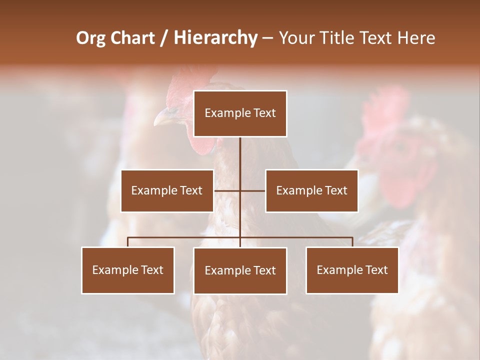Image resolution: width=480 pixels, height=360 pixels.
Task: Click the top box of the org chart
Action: point(240,113)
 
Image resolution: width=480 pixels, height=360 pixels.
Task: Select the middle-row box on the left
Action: point(167,190)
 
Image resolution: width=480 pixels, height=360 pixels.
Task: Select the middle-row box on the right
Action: point(311,190)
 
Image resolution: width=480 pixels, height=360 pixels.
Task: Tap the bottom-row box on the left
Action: point(128,270)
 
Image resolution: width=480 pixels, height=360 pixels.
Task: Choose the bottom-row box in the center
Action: point(240,270)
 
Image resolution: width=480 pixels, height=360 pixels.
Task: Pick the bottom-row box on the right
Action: point(352,270)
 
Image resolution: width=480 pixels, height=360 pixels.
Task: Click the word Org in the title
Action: point(90,38)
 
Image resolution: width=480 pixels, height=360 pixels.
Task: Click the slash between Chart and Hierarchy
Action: point(164,38)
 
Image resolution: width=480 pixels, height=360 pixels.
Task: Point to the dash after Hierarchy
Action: point(267,38)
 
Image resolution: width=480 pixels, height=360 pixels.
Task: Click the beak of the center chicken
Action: point(163,118)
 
